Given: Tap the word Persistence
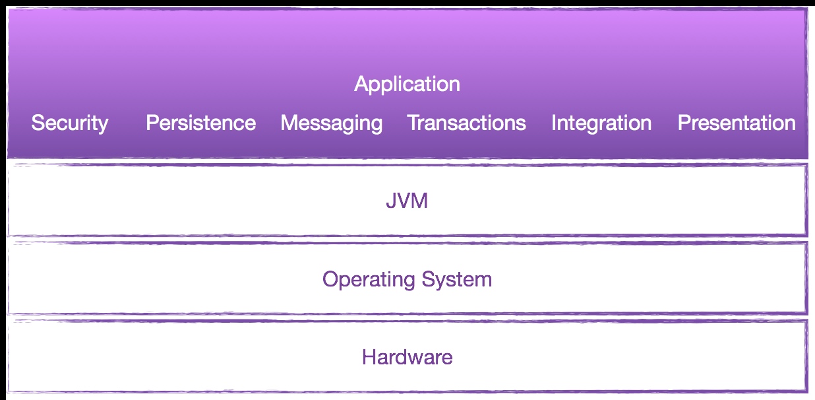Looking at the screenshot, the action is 201,123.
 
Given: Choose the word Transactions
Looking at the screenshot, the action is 466,123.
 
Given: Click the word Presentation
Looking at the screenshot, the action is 737,123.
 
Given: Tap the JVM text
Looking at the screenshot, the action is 407,201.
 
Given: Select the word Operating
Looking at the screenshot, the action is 369,280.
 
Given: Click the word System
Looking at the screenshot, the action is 456,280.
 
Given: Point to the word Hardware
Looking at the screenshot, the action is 407,357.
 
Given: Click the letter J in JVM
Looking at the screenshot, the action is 391,201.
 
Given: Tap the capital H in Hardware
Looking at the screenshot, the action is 369,357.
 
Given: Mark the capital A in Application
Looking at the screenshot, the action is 361,84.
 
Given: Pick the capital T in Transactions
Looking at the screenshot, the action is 414,123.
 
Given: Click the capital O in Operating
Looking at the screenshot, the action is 330,279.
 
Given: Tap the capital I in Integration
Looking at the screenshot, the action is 553,123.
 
